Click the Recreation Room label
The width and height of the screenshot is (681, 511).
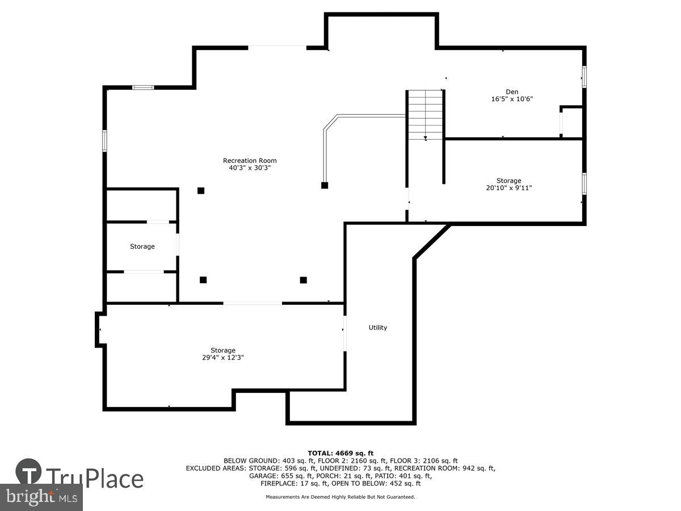coord(250,161)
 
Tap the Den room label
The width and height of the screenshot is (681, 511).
coord(512,91)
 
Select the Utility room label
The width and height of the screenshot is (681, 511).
coord(377,328)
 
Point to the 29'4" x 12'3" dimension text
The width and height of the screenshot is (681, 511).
coord(223,358)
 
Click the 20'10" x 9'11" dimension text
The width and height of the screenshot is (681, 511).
coord(509,188)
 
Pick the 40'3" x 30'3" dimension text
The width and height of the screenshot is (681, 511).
coord(250,168)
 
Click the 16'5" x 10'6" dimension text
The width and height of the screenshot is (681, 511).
coord(512,99)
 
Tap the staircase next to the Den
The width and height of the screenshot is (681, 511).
coord(426,115)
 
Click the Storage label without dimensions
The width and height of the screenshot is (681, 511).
coord(142,246)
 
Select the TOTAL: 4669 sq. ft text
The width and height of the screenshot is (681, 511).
coord(340,453)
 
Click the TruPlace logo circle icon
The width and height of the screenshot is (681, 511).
coord(28,472)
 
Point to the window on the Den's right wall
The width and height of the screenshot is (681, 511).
coord(584,77)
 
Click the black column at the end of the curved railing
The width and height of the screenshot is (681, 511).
coord(325,185)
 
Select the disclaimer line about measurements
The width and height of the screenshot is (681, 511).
coord(340,497)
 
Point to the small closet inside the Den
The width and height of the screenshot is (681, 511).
coord(571,122)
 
